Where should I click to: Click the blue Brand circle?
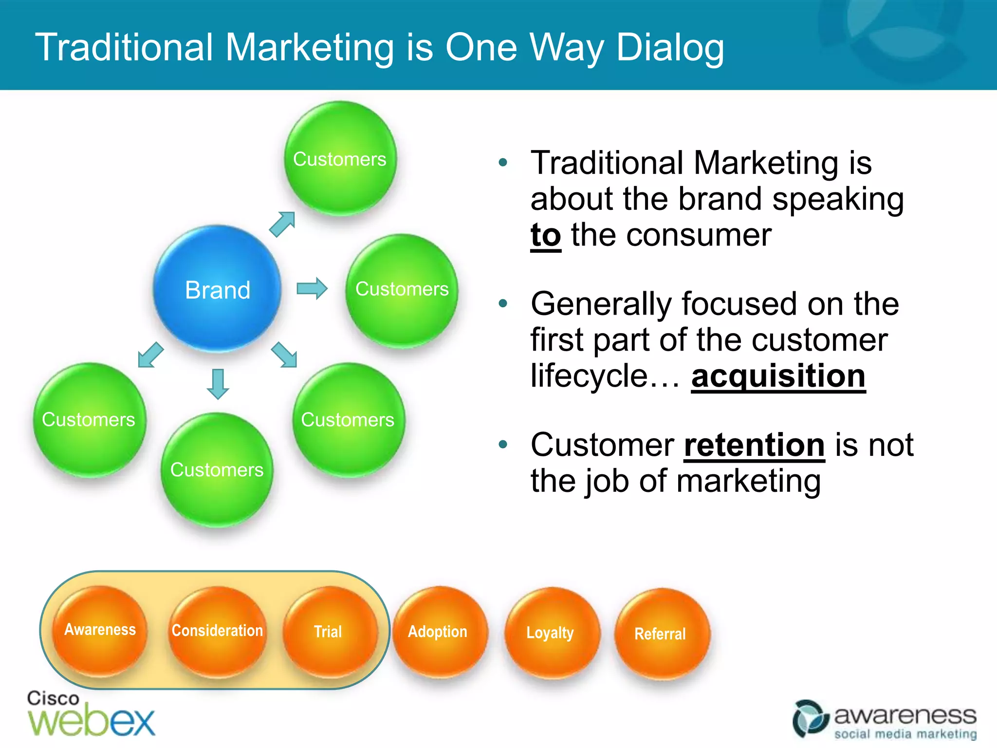click(218, 289)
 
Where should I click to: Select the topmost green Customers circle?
click(340, 159)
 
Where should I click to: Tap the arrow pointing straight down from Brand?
click(218, 384)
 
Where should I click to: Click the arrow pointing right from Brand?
click(312, 288)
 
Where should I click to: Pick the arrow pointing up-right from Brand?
click(282, 224)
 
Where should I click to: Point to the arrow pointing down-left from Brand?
click(150, 355)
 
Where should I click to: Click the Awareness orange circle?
click(100, 630)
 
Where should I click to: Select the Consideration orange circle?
click(217, 631)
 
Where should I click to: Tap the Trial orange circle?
click(329, 632)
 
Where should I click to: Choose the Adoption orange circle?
click(438, 632)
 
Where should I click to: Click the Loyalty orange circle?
click(551, 633)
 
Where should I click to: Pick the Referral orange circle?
click(661, 634)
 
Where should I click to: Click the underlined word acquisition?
click(778, 376)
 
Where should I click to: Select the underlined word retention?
click(754, 445)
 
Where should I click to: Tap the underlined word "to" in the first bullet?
click(546, 236)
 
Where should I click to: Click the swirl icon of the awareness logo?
click(810, 719)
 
